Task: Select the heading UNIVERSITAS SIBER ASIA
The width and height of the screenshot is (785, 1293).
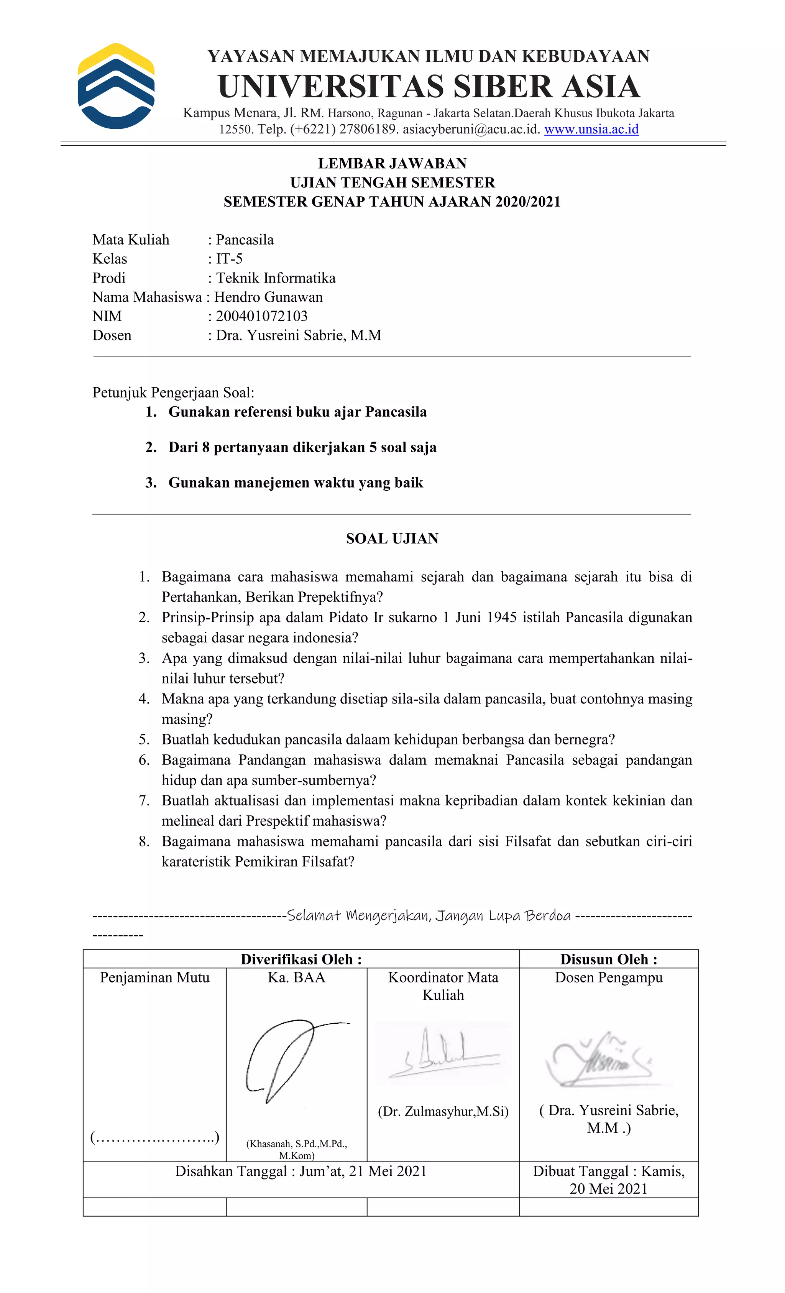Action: point(429,87)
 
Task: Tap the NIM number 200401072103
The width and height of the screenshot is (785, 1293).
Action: point(261,316)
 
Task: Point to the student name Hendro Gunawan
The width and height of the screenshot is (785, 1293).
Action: point(268,297)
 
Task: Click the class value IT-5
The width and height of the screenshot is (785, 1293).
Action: point(229,259)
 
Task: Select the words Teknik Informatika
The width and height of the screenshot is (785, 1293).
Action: point(276,278)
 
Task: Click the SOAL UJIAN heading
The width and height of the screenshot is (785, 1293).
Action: point(392,539)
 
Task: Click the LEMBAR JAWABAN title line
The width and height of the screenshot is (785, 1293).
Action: point(392,164)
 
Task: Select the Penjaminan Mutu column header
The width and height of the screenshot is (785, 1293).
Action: point(155,978)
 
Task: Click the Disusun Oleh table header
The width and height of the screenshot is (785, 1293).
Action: point(608,959)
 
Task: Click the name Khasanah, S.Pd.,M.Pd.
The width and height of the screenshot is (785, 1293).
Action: point(296,1144)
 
